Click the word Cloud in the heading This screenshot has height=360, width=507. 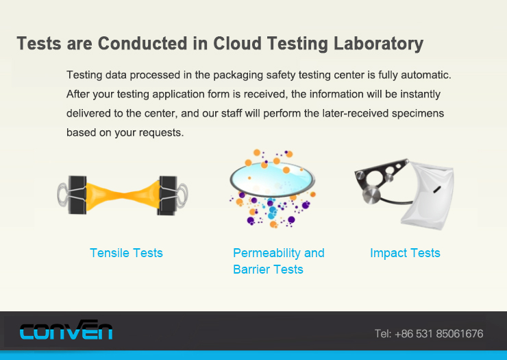pyautogui.click(x=237, y=43)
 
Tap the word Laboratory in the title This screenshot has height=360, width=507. pyautogui.click(x=378, y=44)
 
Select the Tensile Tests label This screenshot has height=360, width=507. pyautogui.click(x=126, y=253)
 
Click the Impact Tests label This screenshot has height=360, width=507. pyautogui.click(x=405, y=253)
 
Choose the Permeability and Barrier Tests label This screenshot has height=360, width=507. pyautogui.click(x=279, y=261)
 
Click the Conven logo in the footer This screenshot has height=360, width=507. pyautogui.click(x=66, y=330)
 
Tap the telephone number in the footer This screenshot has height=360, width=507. pyautogui.click(x=429, y=333)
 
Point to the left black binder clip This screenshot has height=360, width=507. pyautogui.click(x=77, y=195)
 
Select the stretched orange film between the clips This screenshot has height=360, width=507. pyautogui.click(x=123, y=195)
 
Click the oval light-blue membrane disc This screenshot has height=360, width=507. pyautogui.click(x=272, y=180)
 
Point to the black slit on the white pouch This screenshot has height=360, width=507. pyautogui.click(x=437, y=189)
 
